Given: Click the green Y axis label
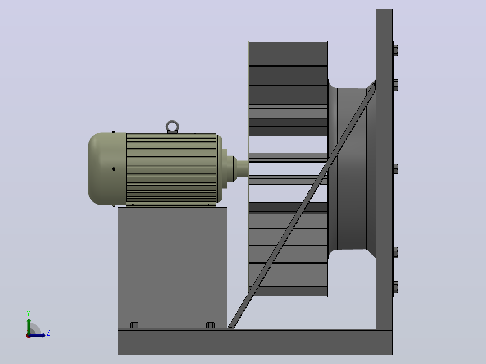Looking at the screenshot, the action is coord(28,313).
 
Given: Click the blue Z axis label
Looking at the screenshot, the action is coord(48,333).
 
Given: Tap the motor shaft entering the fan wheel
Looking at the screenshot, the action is coord(243,169).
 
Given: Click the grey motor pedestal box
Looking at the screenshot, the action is coord(172,268).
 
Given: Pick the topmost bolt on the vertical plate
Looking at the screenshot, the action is coord(395,50).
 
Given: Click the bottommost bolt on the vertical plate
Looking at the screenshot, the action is coord(395,287).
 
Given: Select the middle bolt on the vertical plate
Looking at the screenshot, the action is coord(395,169).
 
